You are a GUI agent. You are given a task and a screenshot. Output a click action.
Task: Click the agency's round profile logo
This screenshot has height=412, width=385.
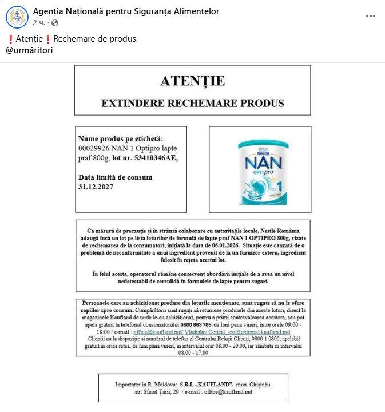click(17, 17)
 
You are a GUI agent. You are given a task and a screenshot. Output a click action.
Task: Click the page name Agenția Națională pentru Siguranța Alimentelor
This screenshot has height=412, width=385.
click(126, 11)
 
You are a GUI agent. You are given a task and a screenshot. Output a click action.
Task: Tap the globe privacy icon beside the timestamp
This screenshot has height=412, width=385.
click(55, 23)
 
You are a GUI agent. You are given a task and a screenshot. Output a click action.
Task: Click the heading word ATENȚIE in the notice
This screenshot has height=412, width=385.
click(192, 81)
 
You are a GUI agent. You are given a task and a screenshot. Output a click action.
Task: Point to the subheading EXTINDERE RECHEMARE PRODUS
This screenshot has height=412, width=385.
click(192, 104)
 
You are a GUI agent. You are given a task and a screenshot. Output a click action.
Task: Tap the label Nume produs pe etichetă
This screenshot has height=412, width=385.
click(121, 139)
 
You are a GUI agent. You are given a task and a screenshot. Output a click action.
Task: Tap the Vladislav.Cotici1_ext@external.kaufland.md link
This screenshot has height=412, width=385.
click(237, 332)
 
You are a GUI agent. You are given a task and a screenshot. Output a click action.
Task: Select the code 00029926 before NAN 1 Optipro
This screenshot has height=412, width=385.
click(94, 148)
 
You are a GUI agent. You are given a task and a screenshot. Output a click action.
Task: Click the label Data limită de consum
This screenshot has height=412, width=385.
click(115, 177)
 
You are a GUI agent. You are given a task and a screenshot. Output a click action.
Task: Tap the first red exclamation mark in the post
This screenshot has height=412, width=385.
click(10, 39)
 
